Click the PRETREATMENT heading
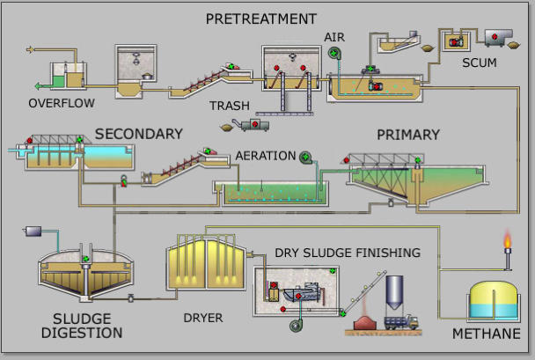click(260, 18)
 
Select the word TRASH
click(229, 106)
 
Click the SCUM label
click(480, 62)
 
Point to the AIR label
click(334, 37)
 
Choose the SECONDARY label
click(138, 134)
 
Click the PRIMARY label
click(407, 135)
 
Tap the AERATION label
click(265, 156)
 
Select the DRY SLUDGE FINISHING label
click(348, 253)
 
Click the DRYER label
click(202, 318)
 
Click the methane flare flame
click(507, 239)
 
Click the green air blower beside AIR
click(334, 54)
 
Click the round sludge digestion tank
click(85, 275)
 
